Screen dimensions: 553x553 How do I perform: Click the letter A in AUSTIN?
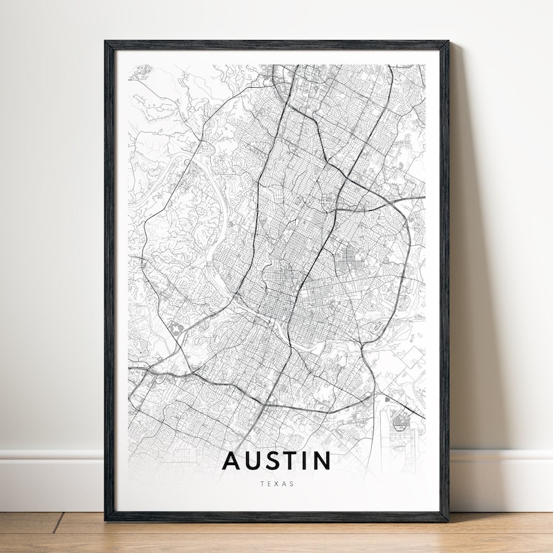pos(232,461)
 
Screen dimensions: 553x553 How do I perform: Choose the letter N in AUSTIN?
pos(323,461)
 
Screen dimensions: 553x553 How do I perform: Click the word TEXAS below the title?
pos(277,484)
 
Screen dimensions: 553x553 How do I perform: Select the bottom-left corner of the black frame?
pos(106,519)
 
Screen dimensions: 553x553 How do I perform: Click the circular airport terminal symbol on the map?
pos(399,419)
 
